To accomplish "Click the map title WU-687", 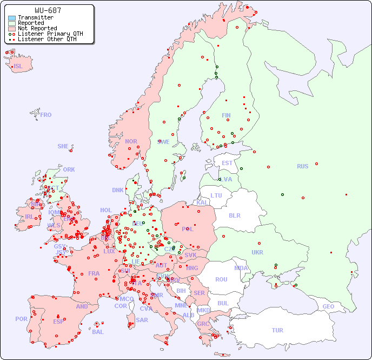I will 48,10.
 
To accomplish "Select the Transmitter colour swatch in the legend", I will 12,18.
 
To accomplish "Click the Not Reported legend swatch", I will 12,29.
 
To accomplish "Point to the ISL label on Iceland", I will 18,67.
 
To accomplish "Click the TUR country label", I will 277,330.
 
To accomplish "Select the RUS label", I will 302,166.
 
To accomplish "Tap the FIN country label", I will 226,115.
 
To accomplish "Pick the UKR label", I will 257,252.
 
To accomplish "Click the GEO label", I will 328,306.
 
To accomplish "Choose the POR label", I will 21,319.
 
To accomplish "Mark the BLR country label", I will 235,215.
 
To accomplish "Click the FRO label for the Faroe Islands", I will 46,115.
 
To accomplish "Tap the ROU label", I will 221,279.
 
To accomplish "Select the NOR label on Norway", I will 131,141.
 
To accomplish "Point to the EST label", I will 227,163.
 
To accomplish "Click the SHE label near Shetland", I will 63,146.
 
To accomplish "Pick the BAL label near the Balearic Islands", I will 98,332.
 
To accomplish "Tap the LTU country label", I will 216,195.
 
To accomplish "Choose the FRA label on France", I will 94,273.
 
